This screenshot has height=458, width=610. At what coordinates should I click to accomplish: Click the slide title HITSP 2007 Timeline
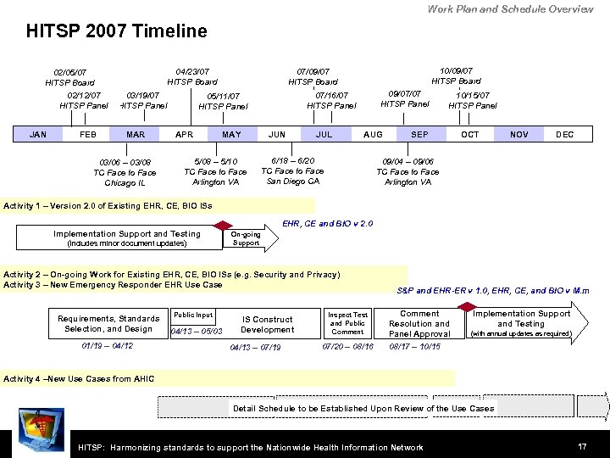point(116,31)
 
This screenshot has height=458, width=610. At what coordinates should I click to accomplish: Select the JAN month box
point(38,134)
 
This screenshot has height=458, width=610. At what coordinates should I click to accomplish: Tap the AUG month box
point(373,134)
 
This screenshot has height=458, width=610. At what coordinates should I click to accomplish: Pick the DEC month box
point(564,134)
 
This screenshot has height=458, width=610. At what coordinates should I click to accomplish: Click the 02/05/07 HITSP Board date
point(69,77)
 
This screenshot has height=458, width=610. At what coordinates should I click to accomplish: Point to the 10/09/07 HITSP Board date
point(456,75)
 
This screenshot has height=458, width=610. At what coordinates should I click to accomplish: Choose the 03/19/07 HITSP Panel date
point(142,100)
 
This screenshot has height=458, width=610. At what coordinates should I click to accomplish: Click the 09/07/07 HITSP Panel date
point(404,98)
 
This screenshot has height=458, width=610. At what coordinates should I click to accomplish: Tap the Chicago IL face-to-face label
point(125,172)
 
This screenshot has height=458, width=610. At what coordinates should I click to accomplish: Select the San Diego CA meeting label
point(292,170)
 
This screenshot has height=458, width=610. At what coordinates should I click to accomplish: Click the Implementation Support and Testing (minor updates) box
point(127,238)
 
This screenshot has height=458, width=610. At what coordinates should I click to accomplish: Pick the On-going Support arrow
point(247,238)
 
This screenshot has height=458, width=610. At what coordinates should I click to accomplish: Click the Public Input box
point(193,315)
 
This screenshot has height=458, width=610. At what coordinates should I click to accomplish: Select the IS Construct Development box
point(267,324)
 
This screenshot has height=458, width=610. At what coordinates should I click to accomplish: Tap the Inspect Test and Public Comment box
point(348,322)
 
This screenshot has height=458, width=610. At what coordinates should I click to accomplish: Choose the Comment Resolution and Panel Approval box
point(419,323)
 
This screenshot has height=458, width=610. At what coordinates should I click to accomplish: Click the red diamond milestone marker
point(470,308)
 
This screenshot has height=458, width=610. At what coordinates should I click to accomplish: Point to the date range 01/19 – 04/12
point(108,346)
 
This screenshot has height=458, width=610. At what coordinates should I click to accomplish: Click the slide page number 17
point(582,446)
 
